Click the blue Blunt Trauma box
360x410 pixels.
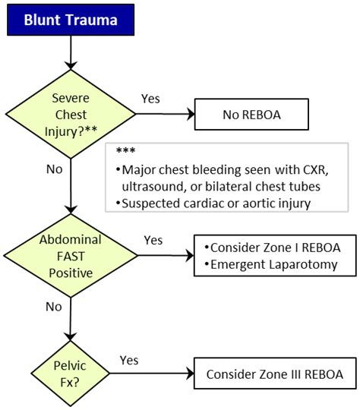coord(70,20)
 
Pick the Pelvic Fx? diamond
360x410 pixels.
coord(70,374)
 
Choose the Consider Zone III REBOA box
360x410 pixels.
coord(275,374)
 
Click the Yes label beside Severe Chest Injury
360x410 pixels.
coord(152,99)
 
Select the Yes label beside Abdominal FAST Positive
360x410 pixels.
coord(153,240)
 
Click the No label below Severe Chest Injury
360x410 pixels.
coord(54,169)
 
